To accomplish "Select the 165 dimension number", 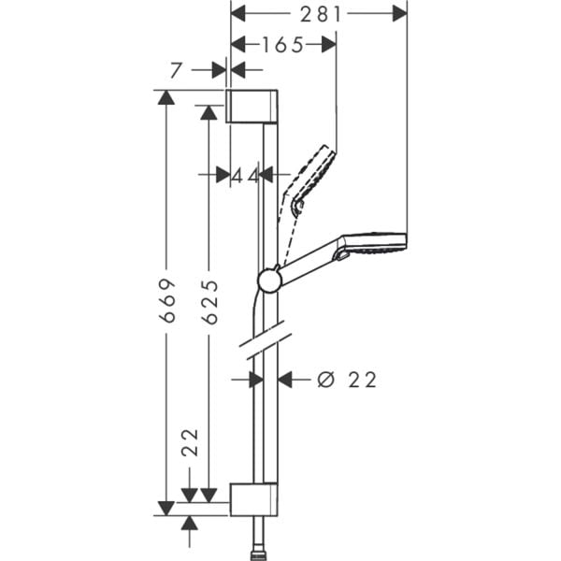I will click(x=282, y=44).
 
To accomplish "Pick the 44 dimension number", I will click(x=245, y=175).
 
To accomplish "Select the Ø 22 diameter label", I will click(x=347, y=380).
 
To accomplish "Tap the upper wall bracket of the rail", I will click(x=252, y=106).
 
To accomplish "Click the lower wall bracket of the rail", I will click(x=252, y=500).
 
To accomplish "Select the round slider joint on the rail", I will click(x=268, y=280).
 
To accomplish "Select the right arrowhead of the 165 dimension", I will click(x=327, y=44).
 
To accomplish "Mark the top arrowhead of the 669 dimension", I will click(x=166, y=97).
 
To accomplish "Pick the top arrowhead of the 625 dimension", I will click(x=209, y=112).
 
